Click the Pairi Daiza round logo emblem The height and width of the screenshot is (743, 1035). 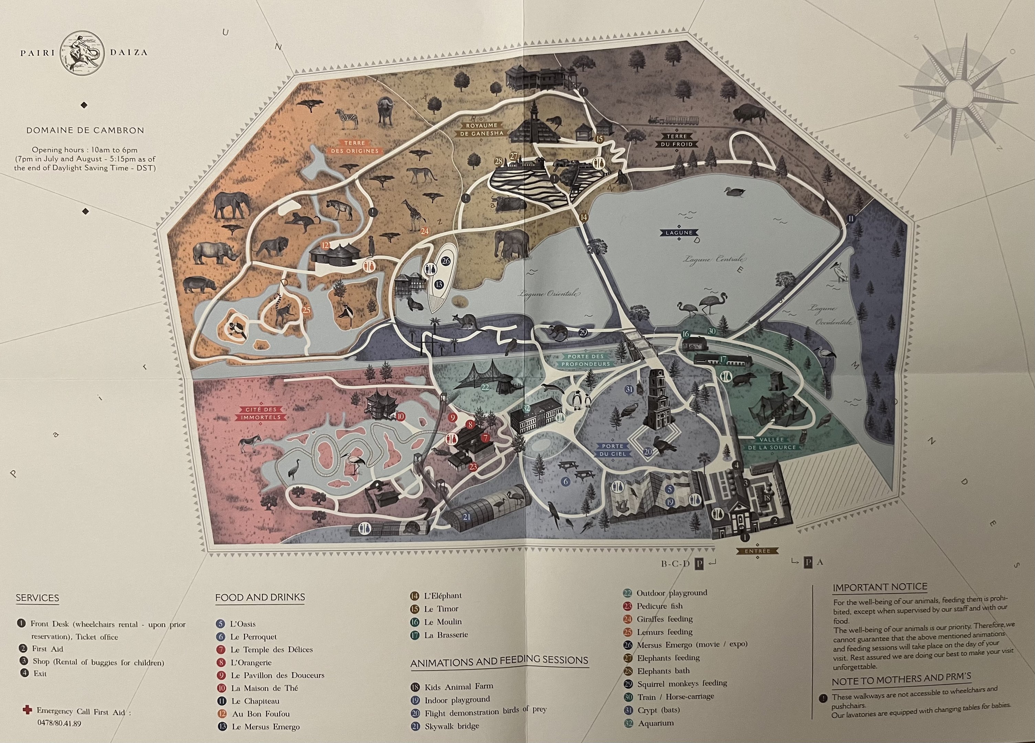[x=84, y=52]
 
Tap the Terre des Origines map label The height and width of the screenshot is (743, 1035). [x=355, y=147]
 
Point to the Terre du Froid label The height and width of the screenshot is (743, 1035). [x=676, y=140]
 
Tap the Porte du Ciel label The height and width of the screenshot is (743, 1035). [x=612, y=450]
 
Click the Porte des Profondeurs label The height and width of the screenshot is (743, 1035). [x=586, y=360]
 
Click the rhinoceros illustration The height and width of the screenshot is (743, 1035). [x=216, y=253]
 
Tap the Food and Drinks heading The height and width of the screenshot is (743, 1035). [x=260, y=597]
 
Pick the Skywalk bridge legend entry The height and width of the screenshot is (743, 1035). [x=451, y=726]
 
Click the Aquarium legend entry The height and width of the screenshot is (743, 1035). [x=655, y=723]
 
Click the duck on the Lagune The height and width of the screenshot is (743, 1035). [x=734, y=192]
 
